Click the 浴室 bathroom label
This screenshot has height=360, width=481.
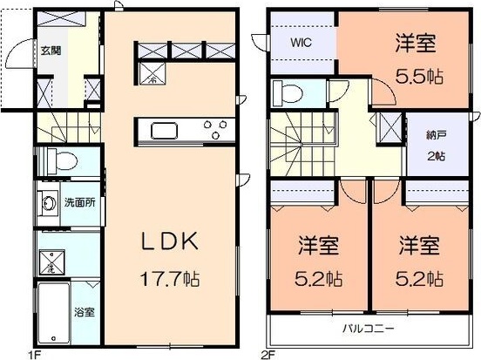pos(83,310)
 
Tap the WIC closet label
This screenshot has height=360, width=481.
pos(301,40)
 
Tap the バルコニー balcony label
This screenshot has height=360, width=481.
pos(363,329)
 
